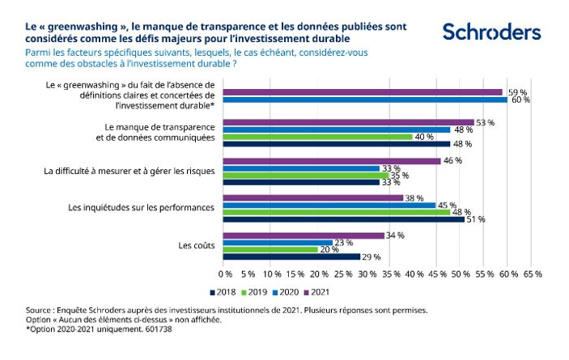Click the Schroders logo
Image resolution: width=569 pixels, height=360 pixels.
(x=491, y=32)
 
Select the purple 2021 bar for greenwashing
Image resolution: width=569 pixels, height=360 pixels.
(x=363, y=92)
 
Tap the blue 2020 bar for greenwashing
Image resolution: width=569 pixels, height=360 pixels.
(x=365, y=100)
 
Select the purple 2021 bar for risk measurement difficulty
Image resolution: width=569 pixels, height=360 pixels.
(x=332, y=160)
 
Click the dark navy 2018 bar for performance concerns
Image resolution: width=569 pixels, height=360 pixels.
(x=343, y=219)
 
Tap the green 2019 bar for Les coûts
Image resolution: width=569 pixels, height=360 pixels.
(x=270, y=249)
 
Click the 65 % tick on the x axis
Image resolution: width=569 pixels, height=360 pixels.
(x=533, y=274)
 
